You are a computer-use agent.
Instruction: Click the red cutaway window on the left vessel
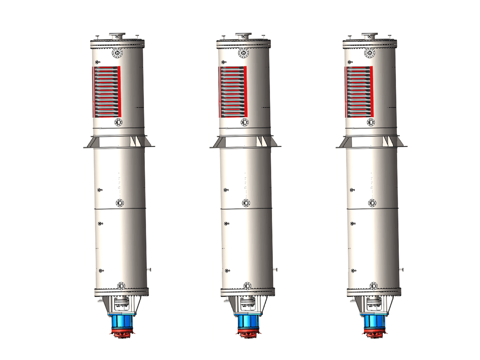pyautogui.click(x=106, y=92)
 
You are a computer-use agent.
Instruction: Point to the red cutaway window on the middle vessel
pyautogui.click(x=233, y=92)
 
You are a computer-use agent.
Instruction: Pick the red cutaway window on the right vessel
pyautogui.click(x=359, y=92)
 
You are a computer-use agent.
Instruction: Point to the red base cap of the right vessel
pyautogui.click(x=374, y=332)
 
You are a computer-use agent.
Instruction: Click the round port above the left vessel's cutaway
pyautogui.click(x=118, y=53)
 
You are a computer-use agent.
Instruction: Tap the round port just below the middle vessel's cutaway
pyautogui.click(x=244, y=122)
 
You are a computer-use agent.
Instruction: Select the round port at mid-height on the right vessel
pyautogui.click(x=372, y=203)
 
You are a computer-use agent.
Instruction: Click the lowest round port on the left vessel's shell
pyautogui.click(x=121, y=285)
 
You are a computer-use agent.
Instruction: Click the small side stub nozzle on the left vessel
pyautogui.click(x=149, y=270)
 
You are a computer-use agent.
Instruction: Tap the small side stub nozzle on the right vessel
pyautogui.click(x=402, y=270)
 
